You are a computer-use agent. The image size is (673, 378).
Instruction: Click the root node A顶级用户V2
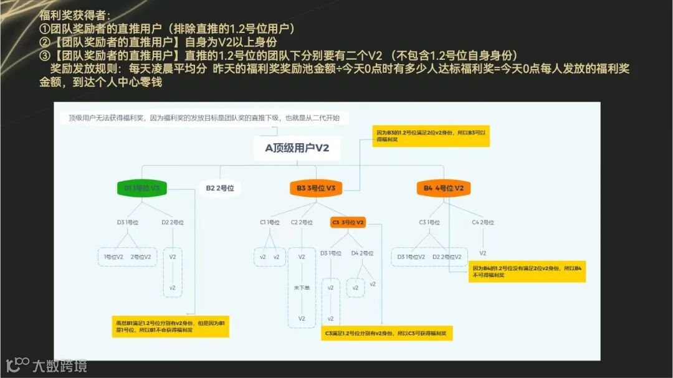pos(297,148)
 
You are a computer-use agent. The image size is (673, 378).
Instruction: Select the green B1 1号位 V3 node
pos(142,187)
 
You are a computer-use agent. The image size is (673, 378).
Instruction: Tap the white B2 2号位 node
pos(219,187)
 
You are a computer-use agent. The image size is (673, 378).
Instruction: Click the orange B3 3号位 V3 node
pos(316,187)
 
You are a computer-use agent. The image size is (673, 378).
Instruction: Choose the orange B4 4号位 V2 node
pos(443,187)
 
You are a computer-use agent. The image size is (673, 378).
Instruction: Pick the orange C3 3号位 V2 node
pos(348,222)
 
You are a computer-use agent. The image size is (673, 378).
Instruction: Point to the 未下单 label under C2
pos(302,287)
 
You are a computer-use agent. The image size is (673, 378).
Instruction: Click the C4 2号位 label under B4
pos(483,222)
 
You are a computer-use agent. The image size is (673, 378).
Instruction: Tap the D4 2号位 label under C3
pos(362,253)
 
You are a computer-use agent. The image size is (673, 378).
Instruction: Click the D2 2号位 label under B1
pos(173,222)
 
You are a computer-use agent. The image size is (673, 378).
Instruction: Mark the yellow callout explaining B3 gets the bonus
pos(431,136)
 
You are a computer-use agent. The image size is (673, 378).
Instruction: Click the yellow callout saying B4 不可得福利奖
pos(527,271)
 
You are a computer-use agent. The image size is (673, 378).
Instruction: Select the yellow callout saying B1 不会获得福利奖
pos(169,326)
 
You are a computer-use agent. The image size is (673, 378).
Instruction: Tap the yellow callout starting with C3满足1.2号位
pos(387,334)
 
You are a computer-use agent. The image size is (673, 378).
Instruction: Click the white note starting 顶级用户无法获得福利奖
pos(204,118)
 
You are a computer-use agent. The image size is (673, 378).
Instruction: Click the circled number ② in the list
pos(44,42)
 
